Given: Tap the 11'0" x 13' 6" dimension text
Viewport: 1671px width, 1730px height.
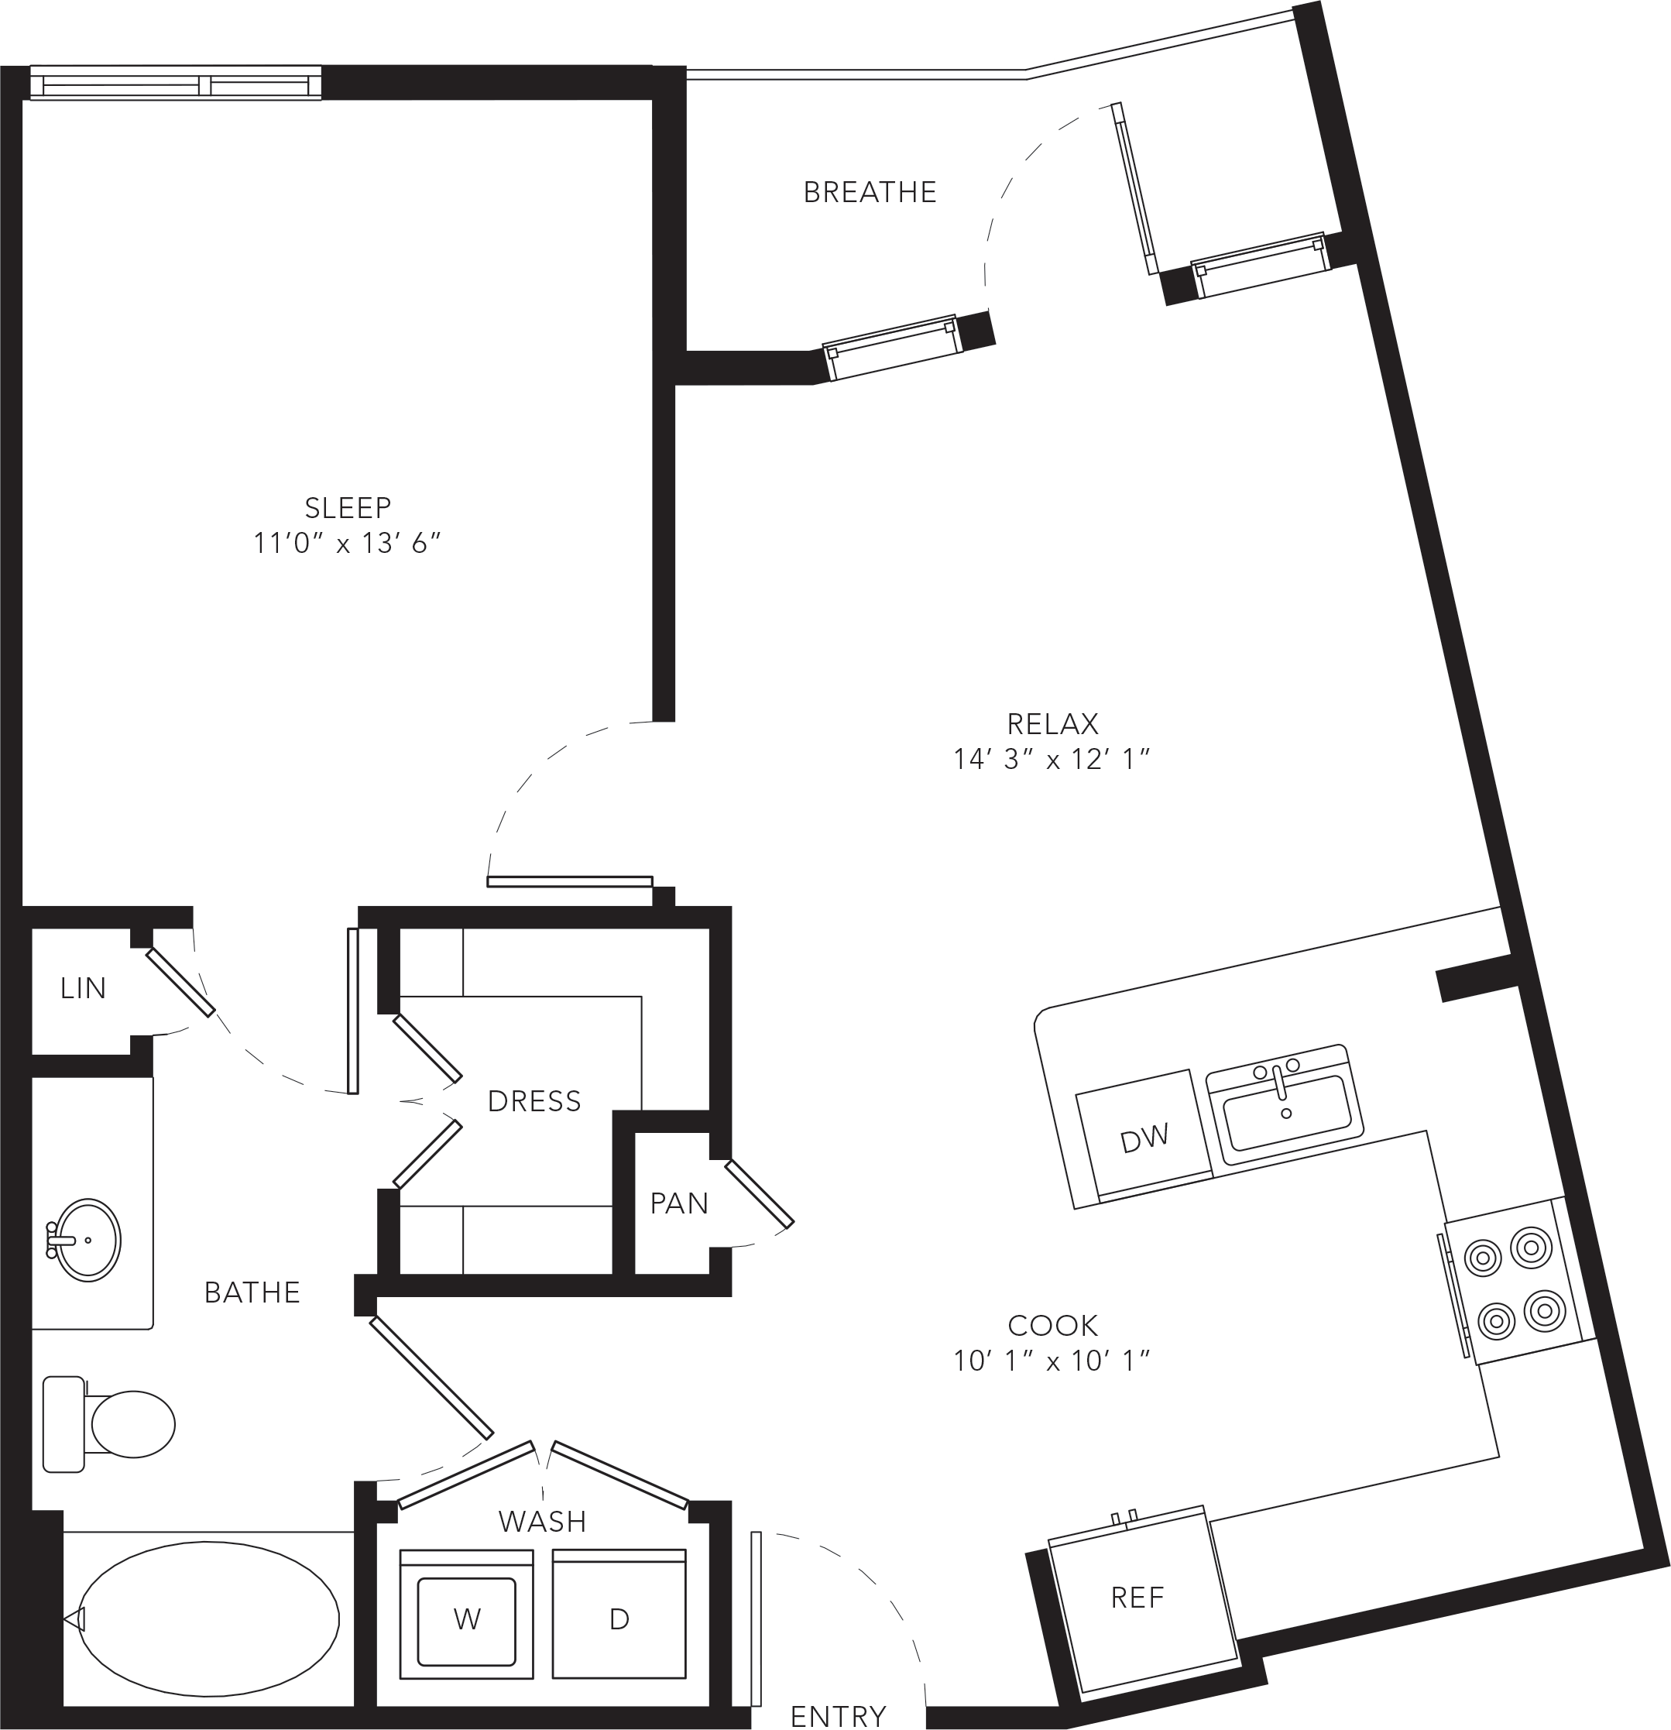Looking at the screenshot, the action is click(347, 543).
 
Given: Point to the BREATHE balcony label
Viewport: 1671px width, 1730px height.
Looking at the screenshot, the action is click(870, 192).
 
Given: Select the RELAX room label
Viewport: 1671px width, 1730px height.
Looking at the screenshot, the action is click(1053, 724).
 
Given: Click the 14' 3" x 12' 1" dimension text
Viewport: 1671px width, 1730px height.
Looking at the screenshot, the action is click(1052, 759).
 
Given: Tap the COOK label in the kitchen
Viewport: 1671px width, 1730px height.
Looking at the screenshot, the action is click(1053, 1326).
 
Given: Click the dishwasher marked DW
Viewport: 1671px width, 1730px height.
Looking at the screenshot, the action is click(1144, 1138).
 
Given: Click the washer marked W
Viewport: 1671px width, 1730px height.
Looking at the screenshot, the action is click(466, 1615).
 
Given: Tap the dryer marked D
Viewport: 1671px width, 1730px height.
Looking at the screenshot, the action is click(619, 1615).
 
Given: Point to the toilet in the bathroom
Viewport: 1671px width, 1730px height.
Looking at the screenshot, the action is click(108, 1423).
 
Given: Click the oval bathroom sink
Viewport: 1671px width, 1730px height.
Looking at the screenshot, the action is click(87, 1240).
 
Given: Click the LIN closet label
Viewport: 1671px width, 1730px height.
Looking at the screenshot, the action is click(83, 989).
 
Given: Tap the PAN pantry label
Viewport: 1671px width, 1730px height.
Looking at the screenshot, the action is click(679, 1203).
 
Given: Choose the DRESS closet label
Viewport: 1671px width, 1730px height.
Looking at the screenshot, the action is click(534, 1101).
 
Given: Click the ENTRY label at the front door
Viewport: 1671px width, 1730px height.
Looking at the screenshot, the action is click(838, 1716).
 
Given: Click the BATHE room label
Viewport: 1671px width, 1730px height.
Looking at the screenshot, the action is click(252, 1293).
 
